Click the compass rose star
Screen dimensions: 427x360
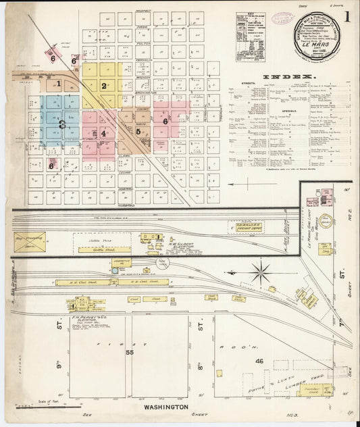(x=259, y=274)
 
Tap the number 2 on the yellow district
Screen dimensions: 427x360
(x=104, y=86)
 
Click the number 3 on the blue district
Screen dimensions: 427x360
(x=61, y=124)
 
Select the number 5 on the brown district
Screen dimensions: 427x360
(x=138, y=132)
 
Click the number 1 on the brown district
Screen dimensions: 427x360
(x=59, y=84)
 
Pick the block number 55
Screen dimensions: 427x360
(x=129, y=353)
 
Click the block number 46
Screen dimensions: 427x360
(x=259, y=362)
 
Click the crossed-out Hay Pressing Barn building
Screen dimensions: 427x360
(x=29, y=243)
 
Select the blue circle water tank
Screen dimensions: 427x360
(x=115, y=271)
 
